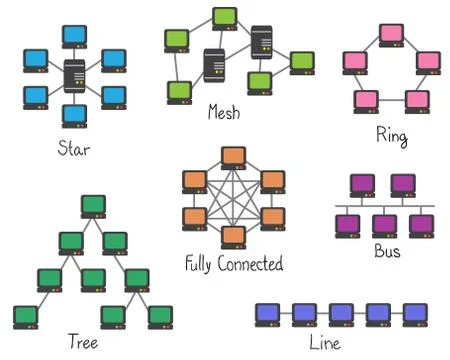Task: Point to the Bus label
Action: click(387, 250)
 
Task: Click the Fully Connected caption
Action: click(234, 264)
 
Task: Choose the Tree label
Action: click(82, 340)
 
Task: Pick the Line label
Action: click(326, 343)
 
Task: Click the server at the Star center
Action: click(74, 75)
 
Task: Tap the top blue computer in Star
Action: click(74, 36)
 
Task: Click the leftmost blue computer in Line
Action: click(268, 313)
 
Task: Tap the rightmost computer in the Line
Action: click(414, 313)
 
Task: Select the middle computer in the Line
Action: click(341, 313)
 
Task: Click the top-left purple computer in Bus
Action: click(362, 185)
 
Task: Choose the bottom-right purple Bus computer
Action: click(420, 225)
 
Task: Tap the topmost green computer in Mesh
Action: click(224, 18)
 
